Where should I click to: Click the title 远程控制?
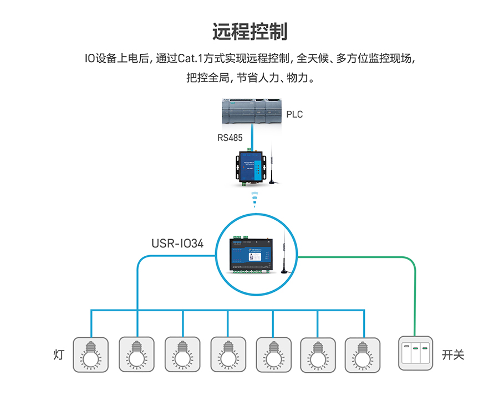click(249, 32)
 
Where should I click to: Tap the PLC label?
click(294, 115)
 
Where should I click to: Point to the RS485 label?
click(230, 137)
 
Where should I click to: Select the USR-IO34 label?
click(177, 243)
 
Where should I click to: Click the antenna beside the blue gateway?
click(272, 166)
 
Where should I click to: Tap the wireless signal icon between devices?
click(254, 199)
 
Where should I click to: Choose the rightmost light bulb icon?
click(363, 354)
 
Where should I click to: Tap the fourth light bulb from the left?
click(227, 354)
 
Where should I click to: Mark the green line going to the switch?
click(415, 300)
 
